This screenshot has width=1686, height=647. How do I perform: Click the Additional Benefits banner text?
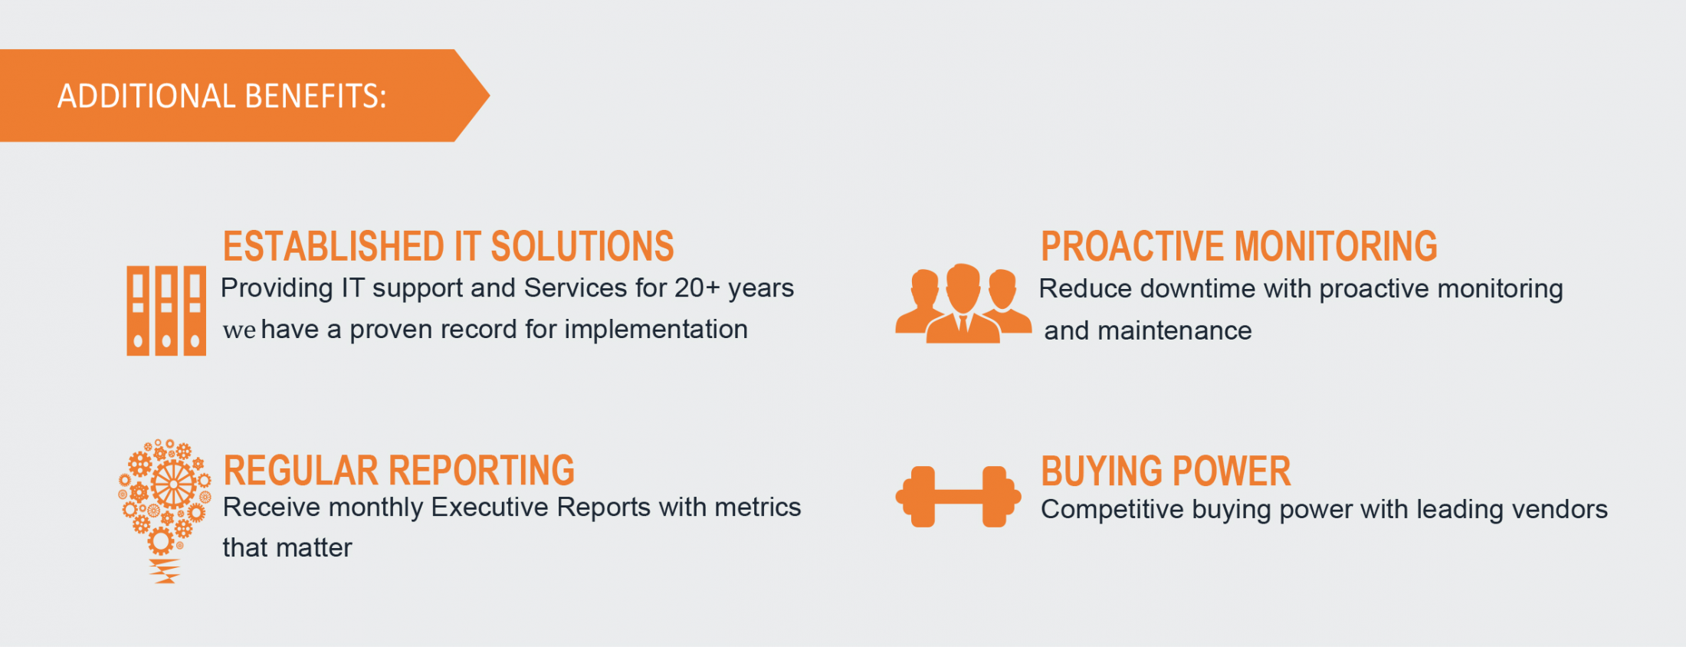tap(221, 97)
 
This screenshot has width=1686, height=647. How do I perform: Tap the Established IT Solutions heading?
tap(448, 246)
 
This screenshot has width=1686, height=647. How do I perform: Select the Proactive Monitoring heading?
tap(1238, 246)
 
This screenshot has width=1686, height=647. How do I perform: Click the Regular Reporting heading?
tap(399, 471)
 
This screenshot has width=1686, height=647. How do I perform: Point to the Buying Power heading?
tap(1166, 471)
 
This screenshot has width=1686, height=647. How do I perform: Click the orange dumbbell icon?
tap(958, 497)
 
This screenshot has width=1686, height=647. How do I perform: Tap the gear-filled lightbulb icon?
tap(165, 511)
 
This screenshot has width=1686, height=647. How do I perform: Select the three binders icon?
tap(166, 310)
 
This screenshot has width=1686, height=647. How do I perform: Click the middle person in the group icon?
tap(963, 304)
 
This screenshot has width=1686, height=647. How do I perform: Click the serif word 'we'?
tap(239, 330)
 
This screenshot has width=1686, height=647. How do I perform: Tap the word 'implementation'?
tap(656, 330)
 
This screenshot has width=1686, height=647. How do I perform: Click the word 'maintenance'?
tap(1175, 331)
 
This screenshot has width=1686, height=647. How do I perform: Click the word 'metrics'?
tap(757, 507)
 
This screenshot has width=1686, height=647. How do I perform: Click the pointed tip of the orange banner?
tap(489, 96)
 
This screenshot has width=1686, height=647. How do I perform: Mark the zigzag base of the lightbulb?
tap(164, 572)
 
